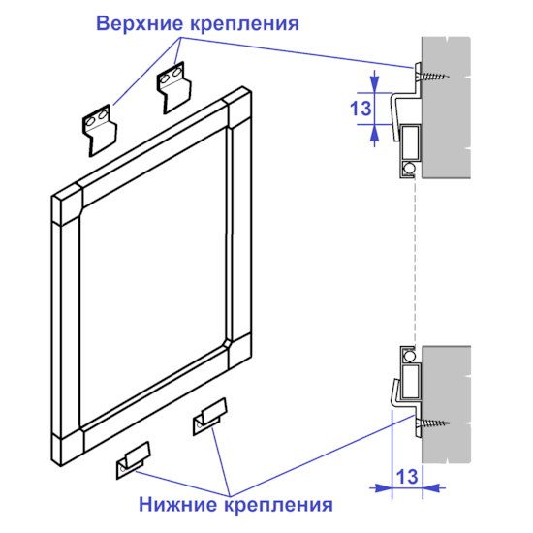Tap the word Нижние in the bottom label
pos(179,505)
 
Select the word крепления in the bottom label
pos(279,505)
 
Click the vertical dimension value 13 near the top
pos(361,109)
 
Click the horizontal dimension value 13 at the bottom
pos(407,476)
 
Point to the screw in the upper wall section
pos(432,77)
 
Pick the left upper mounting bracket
pos(100,130)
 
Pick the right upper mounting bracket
pos(174,87)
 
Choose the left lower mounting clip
pos(134,460)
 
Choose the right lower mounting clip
pos(209,417)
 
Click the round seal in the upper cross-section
pos(408,168)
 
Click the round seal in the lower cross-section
pos(408,356)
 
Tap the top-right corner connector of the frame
pos(238,108)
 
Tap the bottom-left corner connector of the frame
pos(67,447)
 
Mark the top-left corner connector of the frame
pos(67,204)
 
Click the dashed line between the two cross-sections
pos(415,263)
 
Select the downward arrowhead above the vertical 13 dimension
pos(374,83)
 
